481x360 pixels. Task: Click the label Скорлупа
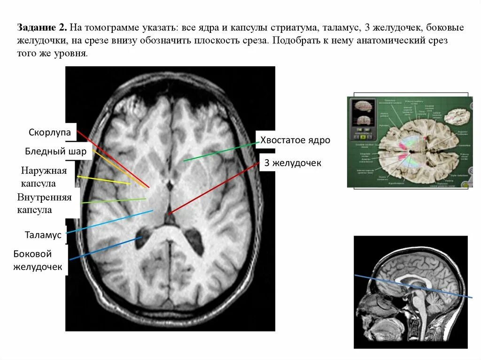[x=49, y=133]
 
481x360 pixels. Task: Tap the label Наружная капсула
[x=44, y=176]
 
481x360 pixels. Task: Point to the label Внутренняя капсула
[x=44, y=203]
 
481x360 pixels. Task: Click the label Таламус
[x=44, y=235]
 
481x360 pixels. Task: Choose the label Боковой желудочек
[x=39, y=260]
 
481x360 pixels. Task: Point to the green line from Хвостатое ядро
[x=221, y=151]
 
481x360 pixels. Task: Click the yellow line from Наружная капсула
[x=103, y=180]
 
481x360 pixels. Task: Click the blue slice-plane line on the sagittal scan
[x=413, y=286]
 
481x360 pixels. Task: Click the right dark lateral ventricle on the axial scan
[x=195, y=237]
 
